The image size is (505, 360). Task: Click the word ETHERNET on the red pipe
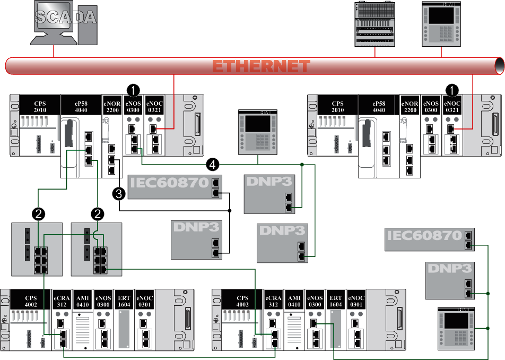coord(261,66)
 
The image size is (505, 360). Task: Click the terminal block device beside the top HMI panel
coord(375,24)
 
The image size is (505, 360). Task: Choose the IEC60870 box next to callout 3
coord(175,187)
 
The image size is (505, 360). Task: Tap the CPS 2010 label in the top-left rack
coord(40,106)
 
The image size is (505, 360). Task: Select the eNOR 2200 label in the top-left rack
coord(112,106)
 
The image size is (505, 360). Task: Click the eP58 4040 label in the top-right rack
coord(379,106)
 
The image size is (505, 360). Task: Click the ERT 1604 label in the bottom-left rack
coord(124,301)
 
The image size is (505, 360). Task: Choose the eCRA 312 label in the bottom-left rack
coord(62,301)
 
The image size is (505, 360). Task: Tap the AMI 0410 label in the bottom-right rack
coord(294,301)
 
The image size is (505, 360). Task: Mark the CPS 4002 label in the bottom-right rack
coord(242,301)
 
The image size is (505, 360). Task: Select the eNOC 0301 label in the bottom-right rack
coord(357,301)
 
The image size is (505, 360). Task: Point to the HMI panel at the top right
coord(441,24)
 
